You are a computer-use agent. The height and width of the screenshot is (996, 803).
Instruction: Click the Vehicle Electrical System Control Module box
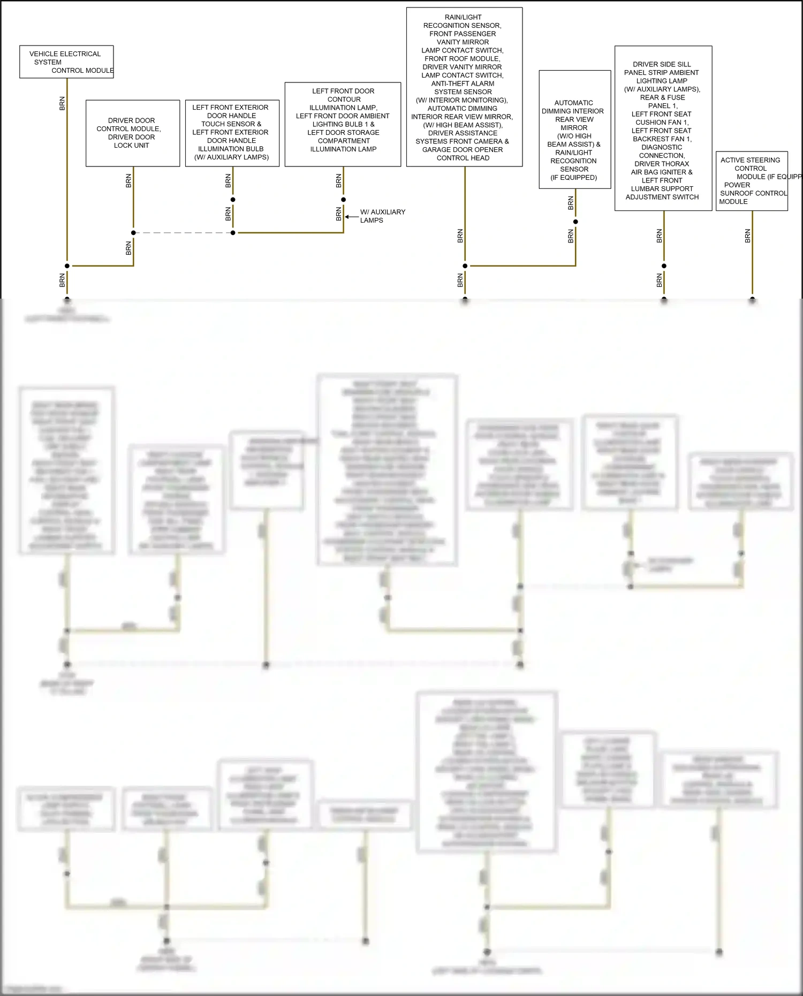pyautogui.click(x=66, y=62)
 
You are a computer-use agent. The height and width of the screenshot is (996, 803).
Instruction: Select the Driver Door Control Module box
pyautogui.click(x=132, y=133)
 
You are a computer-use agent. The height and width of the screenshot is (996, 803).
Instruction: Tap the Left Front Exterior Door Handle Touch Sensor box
pyautogui.click(x=232, y=133)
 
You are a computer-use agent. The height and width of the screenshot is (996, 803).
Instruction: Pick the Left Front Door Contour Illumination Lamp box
pyautogui.click(x=343, y=124)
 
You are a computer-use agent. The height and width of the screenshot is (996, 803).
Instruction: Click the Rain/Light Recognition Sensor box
pyautogui.click(x=464, y=87)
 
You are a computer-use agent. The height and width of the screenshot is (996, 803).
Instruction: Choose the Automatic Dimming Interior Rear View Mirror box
pyautogui.click(x=574, y=130)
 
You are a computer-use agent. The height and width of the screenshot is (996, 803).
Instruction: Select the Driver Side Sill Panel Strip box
pyautogui.click(x=663, y=128)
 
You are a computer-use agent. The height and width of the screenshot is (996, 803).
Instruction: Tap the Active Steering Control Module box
pyautogui.click(x=751, y=181)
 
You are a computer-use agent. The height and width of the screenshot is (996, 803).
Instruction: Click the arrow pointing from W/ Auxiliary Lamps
pyautogui.click(x=351, y=217)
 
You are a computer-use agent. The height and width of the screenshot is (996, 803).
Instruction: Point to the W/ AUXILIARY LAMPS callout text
pyautogui.click(x=382, y=216)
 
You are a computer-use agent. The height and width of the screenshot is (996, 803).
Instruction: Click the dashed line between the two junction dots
pyautogui.click(x=183, y=233)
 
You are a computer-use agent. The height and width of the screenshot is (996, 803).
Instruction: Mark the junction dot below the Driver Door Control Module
pyautogui.click(x=133, y=233)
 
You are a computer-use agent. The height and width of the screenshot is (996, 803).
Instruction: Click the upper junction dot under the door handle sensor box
pyautogui.click(x=233, y=200)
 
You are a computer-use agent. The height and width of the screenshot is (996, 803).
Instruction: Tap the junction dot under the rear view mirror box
pyautogui.click(x=575, y=222)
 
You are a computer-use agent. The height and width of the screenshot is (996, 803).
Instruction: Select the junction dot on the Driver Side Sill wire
pyautogui.click(x=664, y=266)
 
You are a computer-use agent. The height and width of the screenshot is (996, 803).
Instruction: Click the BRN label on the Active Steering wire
pyautogui.click(x=748, y=236)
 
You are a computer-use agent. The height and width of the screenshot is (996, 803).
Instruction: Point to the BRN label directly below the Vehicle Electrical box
pyautogui.click(x=62, y=103)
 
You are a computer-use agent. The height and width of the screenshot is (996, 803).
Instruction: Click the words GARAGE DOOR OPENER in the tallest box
pyautogui.click(x=463, y=150)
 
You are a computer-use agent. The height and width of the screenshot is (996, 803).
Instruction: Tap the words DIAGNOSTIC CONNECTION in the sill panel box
pyautogui.click(x=662, y=151)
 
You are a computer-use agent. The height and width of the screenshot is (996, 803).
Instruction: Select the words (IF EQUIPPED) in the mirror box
pyautogui.click(x=573, y=178)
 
